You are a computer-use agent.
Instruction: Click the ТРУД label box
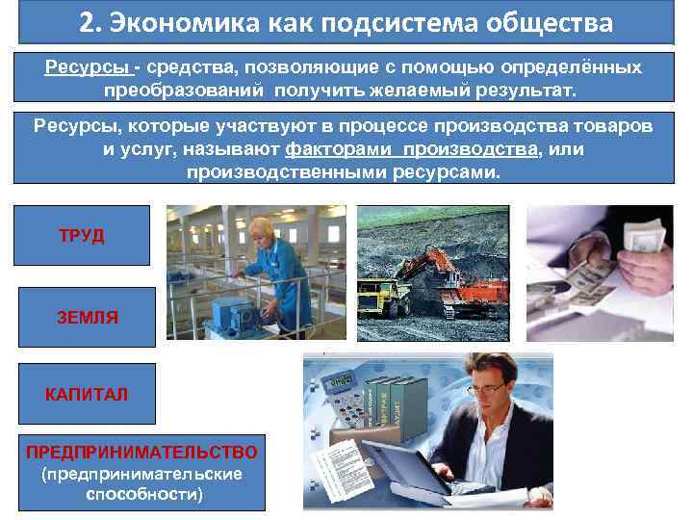[x=82, y=235]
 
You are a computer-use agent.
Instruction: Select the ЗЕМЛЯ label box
[x=87, y=317]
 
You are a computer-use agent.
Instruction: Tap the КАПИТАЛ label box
[x=86, y=395]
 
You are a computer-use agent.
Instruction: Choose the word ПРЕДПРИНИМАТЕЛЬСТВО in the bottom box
[x=141, y=453]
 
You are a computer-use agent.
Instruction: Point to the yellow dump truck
[x=380, y=293]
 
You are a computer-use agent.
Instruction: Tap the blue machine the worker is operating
[x=232, y=313]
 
